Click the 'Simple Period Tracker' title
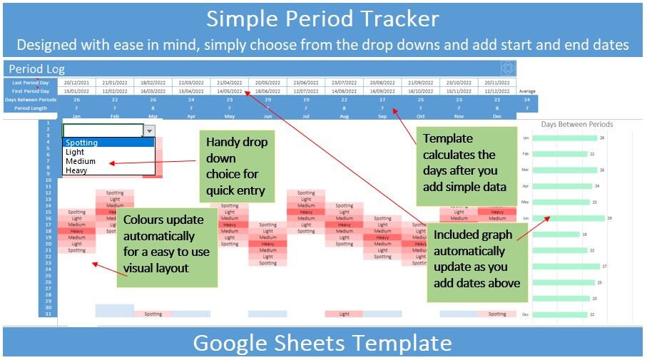323,17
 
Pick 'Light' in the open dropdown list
75,152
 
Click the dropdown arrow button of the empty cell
149,130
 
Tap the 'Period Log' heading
36,69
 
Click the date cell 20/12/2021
76,83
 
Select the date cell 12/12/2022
497,91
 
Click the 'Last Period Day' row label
31,83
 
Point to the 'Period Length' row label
31,108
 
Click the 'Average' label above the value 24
526,91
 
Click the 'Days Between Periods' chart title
576,124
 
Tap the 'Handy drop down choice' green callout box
236,166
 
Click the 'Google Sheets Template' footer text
323,343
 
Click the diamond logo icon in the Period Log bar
507,68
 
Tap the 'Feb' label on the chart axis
526,154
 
